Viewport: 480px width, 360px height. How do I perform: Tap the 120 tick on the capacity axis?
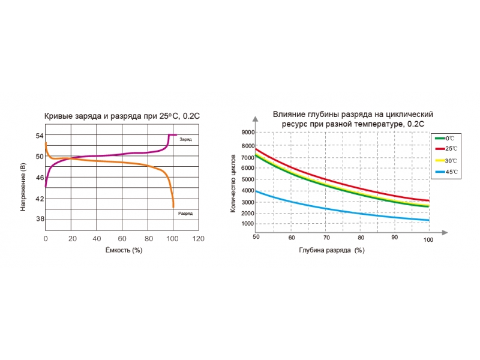coord(198,239)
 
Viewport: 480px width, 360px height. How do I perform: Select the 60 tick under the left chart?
coord(122,239)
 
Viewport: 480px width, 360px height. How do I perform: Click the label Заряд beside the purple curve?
coord(185,139)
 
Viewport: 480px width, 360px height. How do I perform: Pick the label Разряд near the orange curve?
coord(186,213)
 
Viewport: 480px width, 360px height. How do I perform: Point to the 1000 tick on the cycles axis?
coord(247,224)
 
